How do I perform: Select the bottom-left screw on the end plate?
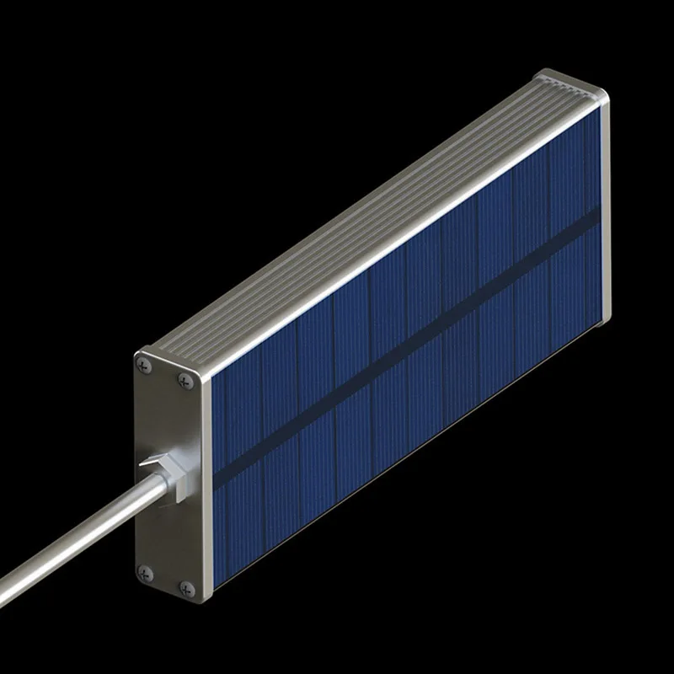click(x=142, y=570)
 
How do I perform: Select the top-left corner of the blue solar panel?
click(x=211, y=379)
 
